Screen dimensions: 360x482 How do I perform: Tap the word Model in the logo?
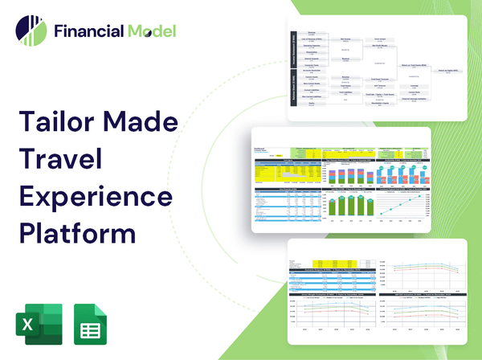[x=150, y=31]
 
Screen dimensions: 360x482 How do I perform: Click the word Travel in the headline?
[x=61, y=160]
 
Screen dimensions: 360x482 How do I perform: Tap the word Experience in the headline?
[x=94, y=197]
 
